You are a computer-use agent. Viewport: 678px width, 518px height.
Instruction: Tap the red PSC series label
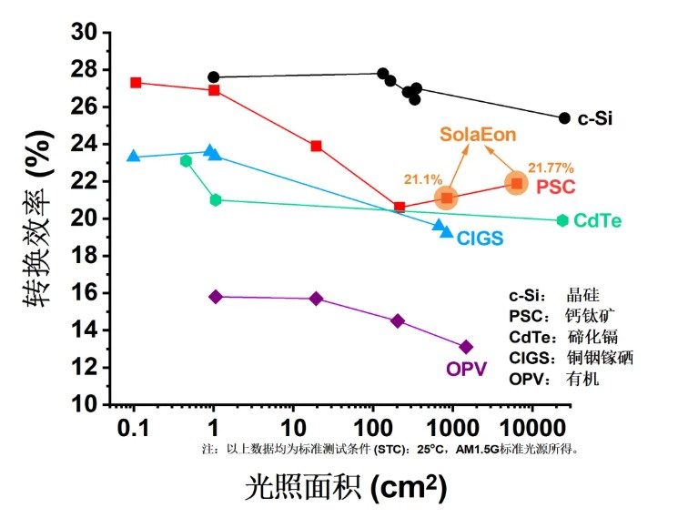[556, 187]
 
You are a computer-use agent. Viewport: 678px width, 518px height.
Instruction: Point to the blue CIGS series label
[481, 239]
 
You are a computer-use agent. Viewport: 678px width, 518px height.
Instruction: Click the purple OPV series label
[466, 369]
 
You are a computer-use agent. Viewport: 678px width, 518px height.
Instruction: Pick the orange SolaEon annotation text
[478, 135]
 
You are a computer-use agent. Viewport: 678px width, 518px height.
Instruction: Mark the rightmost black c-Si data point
[564, 118]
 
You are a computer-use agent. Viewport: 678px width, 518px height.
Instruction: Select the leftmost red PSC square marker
[137, 83]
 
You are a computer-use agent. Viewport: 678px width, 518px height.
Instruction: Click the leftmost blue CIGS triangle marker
[134, 157]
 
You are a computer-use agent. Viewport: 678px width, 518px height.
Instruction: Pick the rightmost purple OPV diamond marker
[466, 347]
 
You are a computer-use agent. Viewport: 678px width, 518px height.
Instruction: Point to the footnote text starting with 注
[391, 449]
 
